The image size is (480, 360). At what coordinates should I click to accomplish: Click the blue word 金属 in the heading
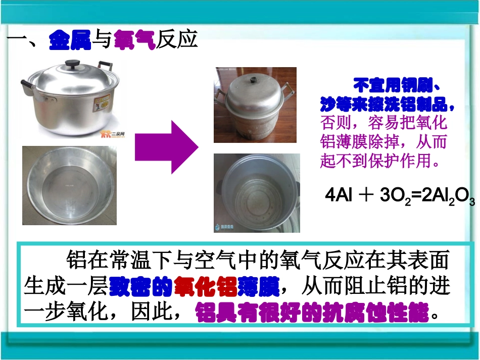[70, 40]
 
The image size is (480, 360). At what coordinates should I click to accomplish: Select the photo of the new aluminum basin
[69, 185]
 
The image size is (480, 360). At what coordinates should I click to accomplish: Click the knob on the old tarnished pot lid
[256, 79]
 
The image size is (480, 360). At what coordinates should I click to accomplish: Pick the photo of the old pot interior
[257, 192]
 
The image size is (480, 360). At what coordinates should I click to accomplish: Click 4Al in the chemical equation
[338, 196]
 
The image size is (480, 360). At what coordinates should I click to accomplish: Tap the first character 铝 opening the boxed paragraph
[75, 261]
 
